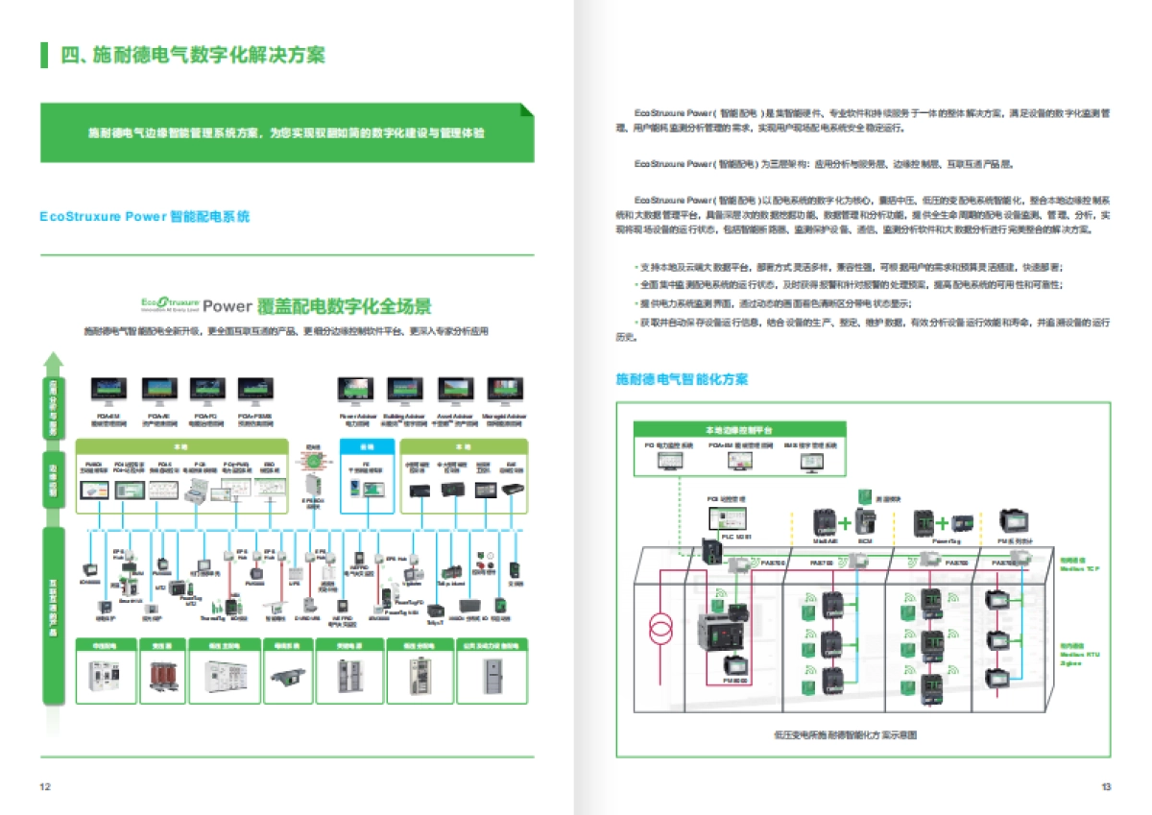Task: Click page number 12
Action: click(44, 787)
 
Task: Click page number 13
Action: click(1106, 787)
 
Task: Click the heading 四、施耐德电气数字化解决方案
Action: click(192, 55)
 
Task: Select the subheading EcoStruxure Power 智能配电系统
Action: click(145, 217)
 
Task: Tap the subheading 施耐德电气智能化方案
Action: click(682, 380)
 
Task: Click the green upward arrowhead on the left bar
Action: click(55, 363)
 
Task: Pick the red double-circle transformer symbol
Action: click(661, 629)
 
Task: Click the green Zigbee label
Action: click(1071, 662)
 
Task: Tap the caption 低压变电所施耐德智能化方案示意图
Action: click(845, 734)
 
